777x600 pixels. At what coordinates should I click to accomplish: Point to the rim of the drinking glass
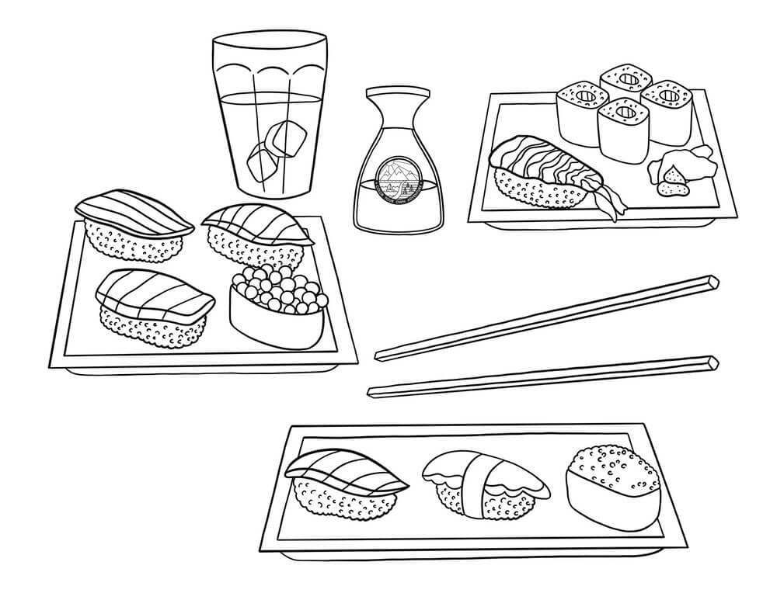(x=269, y=37)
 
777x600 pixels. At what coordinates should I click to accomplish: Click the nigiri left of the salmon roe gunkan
(x=152, y=307)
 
